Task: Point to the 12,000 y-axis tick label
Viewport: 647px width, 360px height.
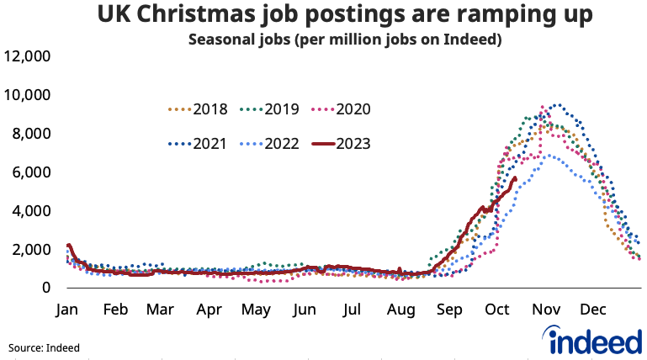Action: (28, 56)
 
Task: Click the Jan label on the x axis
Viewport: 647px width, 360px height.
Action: (67, 310)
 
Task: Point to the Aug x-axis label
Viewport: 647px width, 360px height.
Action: (400, 310)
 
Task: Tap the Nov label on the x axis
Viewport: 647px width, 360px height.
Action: (544, 310)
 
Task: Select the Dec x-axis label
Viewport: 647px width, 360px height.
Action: (591, 310)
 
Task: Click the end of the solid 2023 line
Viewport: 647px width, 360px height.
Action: (515, 178)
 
